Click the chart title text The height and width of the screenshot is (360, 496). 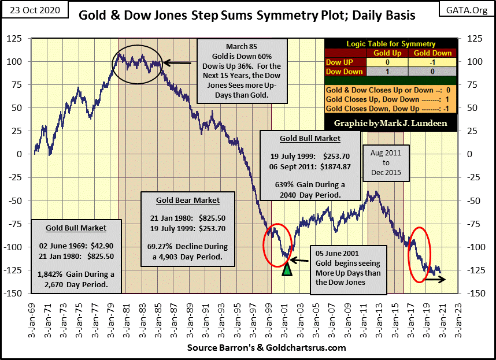(247, 15)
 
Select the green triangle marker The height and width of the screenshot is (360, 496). (287, 269)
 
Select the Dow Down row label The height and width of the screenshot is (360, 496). (346, 72)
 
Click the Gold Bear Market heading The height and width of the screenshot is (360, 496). (188, 200)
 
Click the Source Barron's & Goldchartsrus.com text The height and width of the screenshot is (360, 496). (266, 348)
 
